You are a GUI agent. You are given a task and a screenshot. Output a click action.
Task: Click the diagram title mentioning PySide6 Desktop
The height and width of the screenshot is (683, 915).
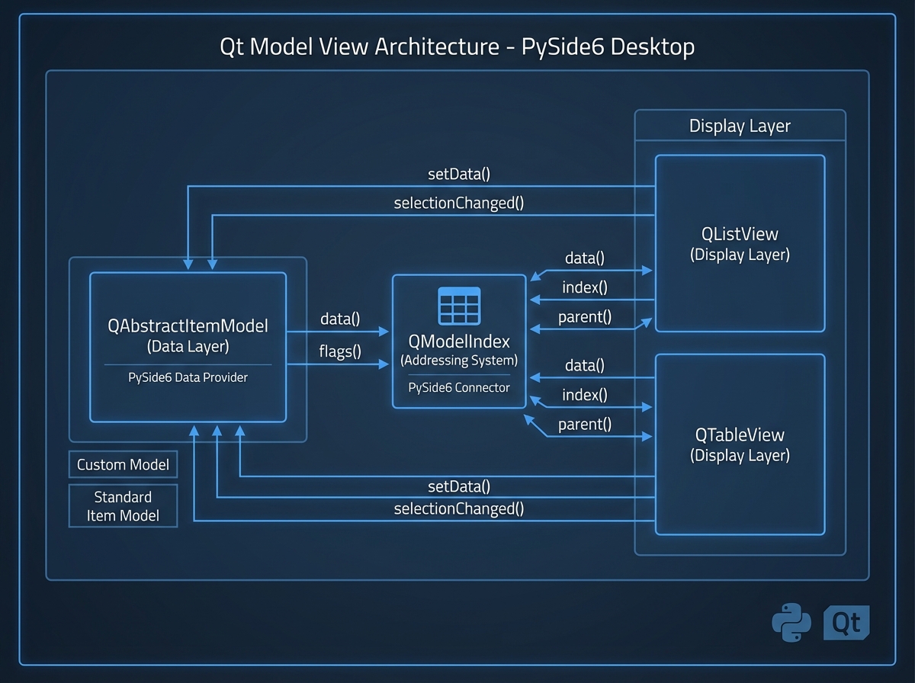click(x=457, y=46)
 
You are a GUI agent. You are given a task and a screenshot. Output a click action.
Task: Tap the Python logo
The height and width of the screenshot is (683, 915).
click(x=791, y=623)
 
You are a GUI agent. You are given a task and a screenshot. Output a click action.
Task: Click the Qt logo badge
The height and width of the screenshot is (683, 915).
click(x=846, y=623)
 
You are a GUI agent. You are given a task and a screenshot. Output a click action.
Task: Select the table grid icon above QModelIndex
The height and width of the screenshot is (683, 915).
click(x=459, y=306)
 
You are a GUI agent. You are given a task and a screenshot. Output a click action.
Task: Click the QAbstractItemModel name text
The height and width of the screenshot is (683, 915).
click(x=188, y=326)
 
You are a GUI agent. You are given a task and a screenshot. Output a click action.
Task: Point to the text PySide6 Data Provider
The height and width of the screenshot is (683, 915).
click(x=188, y=377)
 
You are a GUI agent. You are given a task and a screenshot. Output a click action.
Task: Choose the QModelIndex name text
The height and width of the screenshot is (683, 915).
click(x=459, y=341)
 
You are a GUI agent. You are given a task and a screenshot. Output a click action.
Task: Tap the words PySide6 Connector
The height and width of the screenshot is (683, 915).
click(x=459, y=387)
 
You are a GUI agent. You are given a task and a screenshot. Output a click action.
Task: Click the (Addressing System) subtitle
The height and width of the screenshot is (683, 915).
click(x=459, y=360)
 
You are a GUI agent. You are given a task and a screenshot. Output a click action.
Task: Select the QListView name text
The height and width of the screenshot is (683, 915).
click(x=740, y=234)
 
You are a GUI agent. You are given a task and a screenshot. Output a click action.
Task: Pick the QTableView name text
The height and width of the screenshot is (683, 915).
click(x=740, y=435)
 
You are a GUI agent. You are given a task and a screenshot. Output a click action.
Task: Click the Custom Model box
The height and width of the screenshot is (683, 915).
click(x=123, y=464)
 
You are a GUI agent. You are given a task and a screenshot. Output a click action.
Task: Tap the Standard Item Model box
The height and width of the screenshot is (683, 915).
click(x=123, y=506)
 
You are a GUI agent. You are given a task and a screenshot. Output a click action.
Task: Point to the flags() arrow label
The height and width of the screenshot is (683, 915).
click(x=339, y=351)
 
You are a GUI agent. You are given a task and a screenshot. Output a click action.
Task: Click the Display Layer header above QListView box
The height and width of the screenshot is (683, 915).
click(x=740, y=126)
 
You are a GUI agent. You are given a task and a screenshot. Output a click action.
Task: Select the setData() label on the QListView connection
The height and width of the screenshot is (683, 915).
click(x=458, y=174)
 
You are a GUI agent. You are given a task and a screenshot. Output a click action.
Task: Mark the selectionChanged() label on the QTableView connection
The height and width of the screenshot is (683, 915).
click(x=458, y=508)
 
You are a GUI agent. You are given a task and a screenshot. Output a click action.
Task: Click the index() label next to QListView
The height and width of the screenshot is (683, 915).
click(x=585, y=287)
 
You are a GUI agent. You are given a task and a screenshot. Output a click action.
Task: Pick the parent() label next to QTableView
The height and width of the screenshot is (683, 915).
click(x=585, y=425)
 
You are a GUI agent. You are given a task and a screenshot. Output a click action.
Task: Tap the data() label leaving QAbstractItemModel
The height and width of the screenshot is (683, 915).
click(x=339, y=319)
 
